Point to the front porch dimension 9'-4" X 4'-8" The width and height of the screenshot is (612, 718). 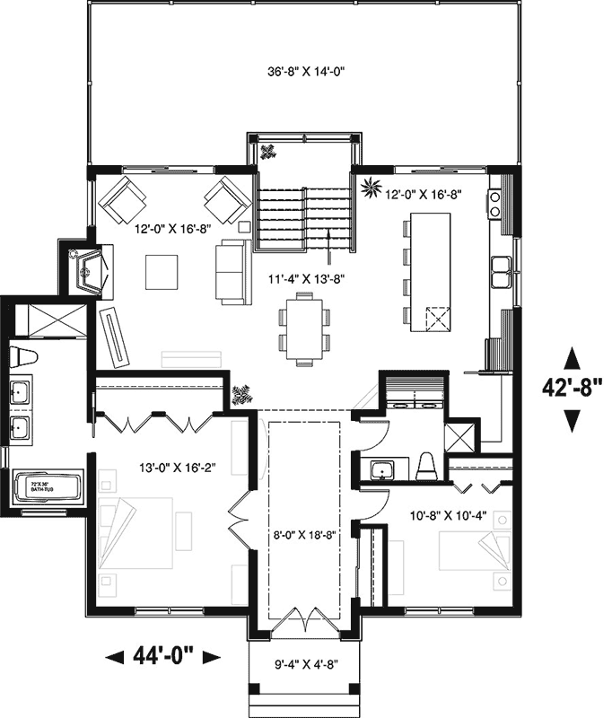coord(305,665)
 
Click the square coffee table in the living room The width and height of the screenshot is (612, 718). coord(162,271)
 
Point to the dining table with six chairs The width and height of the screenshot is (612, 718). coord(305,328)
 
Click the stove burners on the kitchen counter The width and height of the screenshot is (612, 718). coord(494,205)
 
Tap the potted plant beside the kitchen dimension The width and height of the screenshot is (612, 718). coord(369,188)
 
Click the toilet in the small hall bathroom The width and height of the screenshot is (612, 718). coord(427,467)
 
